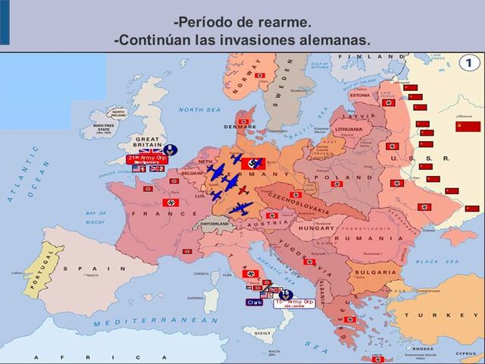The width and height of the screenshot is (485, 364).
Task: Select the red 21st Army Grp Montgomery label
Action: click(147, 159)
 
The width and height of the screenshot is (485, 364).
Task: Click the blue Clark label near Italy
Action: click(255, 302)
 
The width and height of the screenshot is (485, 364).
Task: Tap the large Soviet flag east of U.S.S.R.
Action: click(468, 126)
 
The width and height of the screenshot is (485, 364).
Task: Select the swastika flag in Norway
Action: click(260, 76)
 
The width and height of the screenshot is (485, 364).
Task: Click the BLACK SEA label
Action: click(438, 261)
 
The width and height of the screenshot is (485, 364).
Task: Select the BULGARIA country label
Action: click(374, 271)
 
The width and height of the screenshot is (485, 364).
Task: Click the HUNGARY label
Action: click(314, 227)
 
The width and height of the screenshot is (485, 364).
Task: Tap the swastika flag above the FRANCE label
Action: click(170, 202)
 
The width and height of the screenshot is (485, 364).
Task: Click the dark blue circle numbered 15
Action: click(286, 293)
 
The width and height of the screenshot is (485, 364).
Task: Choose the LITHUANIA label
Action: click(349, 130)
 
